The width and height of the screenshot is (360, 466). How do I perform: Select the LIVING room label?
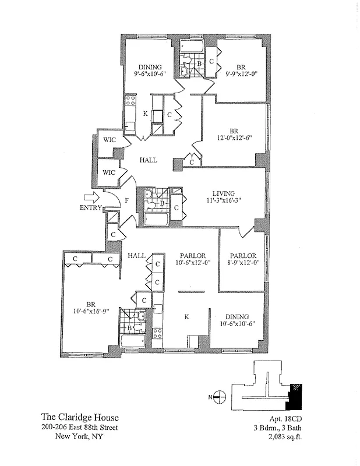pyautogui.click(x=223, y=193)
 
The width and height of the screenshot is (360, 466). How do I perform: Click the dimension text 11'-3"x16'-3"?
pyautogui.click(x=223, y=201)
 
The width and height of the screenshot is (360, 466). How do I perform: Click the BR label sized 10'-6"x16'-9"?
pyautogui.click(x=91, y=303)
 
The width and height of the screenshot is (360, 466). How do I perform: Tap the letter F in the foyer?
pyautogui.click(x=126, y=201)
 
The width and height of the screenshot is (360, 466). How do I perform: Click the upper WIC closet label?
pyautogui.click(x=110, y=140)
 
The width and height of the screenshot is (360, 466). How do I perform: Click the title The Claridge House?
pyautogui.click(x=80, y=417)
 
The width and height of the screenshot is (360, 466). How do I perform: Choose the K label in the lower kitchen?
pyautogui.click(x=186, y=317)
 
